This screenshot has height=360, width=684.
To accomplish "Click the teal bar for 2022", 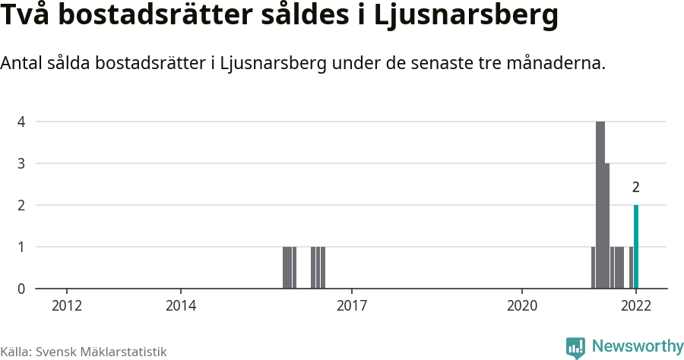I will pos(636,247).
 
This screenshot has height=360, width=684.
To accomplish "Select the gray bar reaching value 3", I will pos(607,226).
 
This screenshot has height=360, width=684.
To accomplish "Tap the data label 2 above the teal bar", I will pos(636,187).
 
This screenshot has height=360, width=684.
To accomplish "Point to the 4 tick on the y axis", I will pos(21,122).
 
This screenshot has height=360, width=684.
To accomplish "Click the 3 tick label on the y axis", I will pos(21,163).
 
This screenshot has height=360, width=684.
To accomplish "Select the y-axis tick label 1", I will pos(21,247).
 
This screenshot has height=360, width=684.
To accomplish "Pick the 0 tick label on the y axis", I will pos(21,289).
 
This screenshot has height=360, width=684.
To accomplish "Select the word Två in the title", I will pos(24,17).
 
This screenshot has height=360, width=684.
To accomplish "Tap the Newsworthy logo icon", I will pos(575,348).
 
